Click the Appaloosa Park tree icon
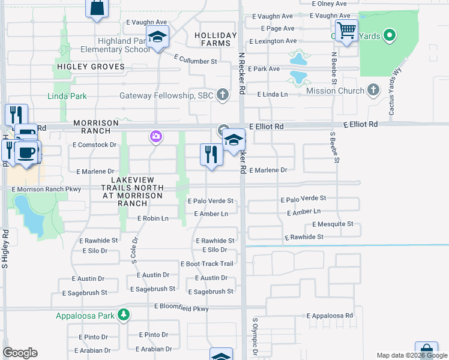tap(123, 314)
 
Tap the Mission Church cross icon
tap(373, 91)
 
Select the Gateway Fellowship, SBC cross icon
tap(223, 95)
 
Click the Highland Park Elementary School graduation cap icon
tap(157, 38)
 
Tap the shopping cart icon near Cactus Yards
tap(346, 30)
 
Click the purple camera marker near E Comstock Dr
tap(155, 137)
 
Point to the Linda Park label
tap(67, 96)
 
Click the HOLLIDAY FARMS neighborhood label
tap(212, 39)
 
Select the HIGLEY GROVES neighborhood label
tap(91, 67)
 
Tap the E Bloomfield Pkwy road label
tap(181, 307)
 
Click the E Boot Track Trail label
tap(206, 264)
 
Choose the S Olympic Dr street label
tap(255, 336)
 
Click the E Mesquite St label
tap(333, 224)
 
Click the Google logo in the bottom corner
tap(20, 353)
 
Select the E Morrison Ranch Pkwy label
tap(46, 189)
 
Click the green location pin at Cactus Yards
tap(389, 35)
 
